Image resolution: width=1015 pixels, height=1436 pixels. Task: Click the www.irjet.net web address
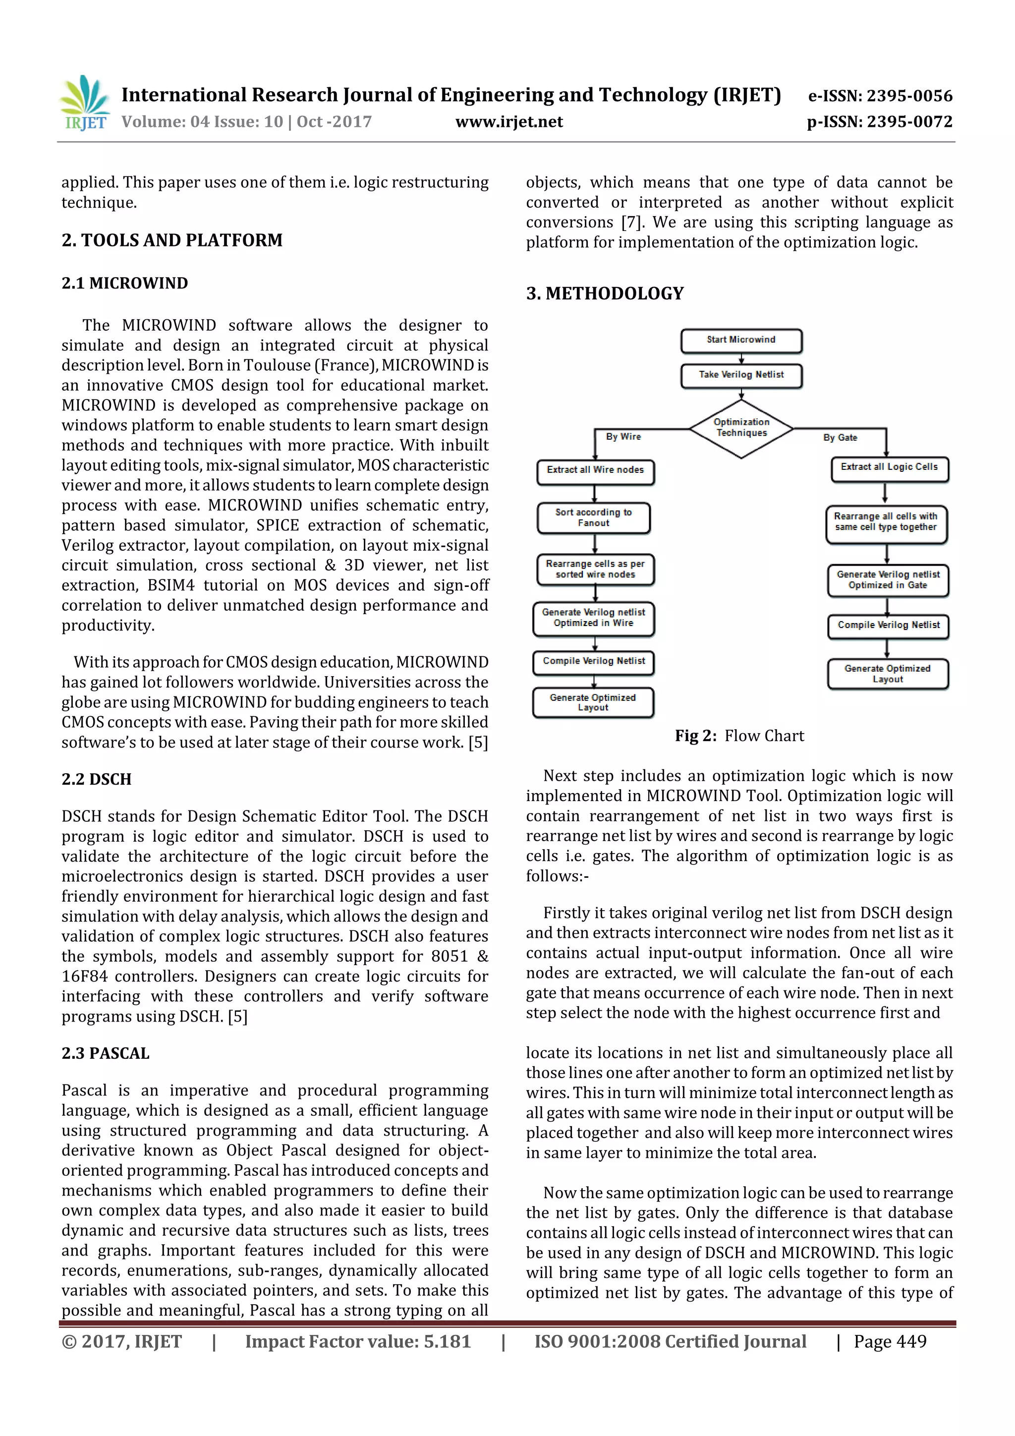[x=508, y=122]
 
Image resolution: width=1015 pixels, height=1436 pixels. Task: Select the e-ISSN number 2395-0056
[x=880, y=96]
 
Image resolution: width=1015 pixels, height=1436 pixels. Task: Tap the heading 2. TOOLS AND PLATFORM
[x=172, y=240]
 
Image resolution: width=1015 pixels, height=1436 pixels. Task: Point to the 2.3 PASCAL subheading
[x=105, y=1053]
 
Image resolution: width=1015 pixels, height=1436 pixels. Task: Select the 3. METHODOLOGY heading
[x=605, y=293]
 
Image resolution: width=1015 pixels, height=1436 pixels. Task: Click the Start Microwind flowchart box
[x=741, y=340]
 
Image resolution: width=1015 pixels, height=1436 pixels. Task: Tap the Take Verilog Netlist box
[x=741, y=375]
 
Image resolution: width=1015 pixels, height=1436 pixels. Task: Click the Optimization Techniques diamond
[x=741, y=428]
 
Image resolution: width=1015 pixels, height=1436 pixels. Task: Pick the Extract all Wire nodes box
[x=595, y=470]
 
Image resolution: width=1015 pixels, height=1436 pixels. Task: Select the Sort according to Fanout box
[x=594, y=518]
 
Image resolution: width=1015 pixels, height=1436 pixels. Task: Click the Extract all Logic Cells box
[x=889, y=468]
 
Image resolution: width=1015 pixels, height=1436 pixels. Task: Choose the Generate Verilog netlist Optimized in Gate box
[x=888, y=580]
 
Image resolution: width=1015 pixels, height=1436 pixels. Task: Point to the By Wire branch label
[x=623, y=437]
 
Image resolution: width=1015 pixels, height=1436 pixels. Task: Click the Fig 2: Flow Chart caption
[x=739, y=736]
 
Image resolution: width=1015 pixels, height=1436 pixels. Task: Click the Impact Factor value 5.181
[x=357, y=1341]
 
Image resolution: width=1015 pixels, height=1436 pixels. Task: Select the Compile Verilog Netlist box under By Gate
[x=888, y=626]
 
